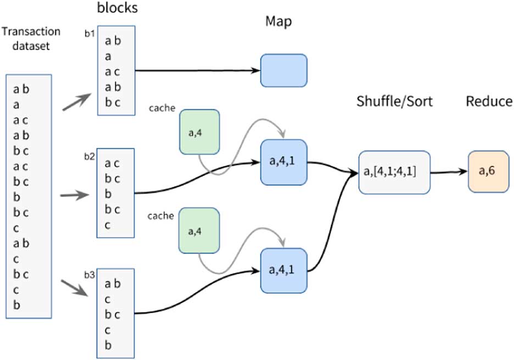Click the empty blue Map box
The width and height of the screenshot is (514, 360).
tap(283, 70)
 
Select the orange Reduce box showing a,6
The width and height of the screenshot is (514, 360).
tap(489, 172)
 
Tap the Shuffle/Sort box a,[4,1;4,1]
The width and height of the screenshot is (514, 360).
tap(394, 172)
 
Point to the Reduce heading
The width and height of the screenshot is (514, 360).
tap(489, 102)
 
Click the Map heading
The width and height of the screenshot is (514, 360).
tap(279, 21)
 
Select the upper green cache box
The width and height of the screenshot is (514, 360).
tap(199, 131)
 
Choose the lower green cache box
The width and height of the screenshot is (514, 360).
tap(199, 230)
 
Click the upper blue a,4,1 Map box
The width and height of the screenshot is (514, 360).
tap(283, 163)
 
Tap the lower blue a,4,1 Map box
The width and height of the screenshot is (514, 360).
tap(283, 270)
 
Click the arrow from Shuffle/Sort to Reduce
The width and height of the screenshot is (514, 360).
tap(448, 172)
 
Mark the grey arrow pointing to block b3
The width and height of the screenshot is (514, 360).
tap(75, 287)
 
